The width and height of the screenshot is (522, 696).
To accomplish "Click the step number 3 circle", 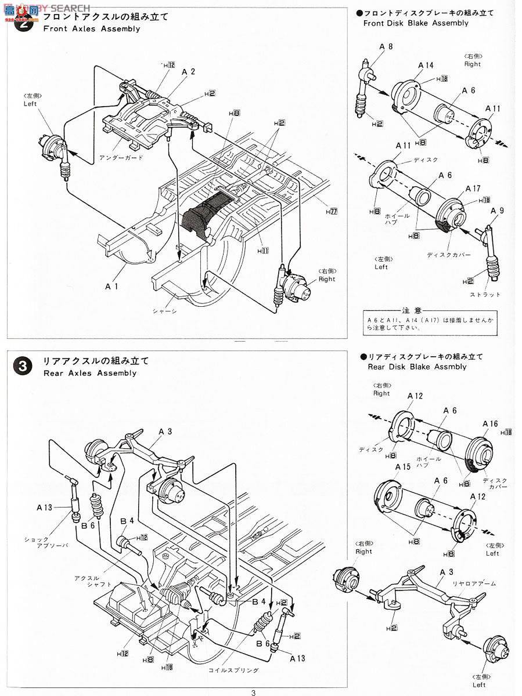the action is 22,366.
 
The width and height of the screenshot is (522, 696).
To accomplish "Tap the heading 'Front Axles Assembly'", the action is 92,28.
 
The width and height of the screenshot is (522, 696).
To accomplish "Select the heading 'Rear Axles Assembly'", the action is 90,373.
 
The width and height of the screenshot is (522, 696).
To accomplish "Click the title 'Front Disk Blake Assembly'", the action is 416,23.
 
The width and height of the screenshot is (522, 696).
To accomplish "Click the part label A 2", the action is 188,72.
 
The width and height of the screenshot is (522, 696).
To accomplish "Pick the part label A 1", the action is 112,287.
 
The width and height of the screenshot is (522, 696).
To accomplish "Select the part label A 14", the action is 426,66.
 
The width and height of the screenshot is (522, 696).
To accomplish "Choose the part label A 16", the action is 490,424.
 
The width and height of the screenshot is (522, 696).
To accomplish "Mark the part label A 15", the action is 402,466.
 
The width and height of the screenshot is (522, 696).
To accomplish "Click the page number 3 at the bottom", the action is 253,692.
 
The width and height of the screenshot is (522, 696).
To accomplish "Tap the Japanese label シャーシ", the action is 165,311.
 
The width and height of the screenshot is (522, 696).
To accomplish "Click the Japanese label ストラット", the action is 485,295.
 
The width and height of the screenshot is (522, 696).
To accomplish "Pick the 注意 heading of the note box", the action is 414,311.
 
